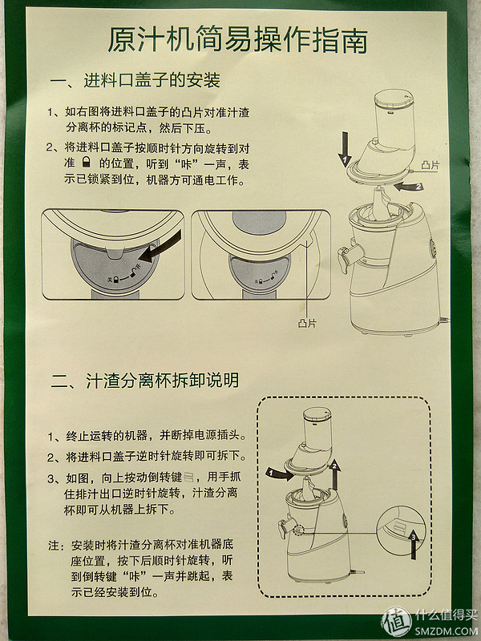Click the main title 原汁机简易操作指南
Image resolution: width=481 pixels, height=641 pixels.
[x=237, y=40]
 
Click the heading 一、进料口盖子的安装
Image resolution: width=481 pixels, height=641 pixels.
[x=135, y=80]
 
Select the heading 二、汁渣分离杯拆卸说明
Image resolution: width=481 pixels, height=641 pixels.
[x=145, y=380]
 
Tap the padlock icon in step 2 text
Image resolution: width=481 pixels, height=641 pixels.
[x=86, y=163]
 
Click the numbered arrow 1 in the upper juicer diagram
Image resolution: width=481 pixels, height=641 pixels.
[x=345, y=149]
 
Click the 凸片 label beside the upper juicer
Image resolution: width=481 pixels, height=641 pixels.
[x=430, y=165]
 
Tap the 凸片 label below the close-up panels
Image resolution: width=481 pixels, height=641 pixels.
[x=307, y=323]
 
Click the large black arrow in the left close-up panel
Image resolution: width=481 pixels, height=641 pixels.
[x=160, y=246]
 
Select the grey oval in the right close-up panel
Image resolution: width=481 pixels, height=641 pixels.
[x=259, y=223]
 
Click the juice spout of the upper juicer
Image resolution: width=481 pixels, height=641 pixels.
[x=348, y=256]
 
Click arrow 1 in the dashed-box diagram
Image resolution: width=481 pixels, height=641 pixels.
[x=280, y=474]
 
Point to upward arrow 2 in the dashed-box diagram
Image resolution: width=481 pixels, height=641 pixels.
[x=335, y=474]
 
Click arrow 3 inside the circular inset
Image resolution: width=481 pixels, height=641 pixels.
[x=414, y=544]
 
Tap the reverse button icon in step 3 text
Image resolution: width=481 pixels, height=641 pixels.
[x=188, y=477]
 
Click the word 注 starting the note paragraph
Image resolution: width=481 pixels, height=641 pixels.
[x=54, y=546]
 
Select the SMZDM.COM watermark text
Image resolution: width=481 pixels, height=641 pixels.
[x=446, y=631]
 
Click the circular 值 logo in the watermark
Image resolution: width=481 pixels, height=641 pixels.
[x=396, y=622]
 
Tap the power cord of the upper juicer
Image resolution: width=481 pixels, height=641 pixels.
[x=444, y=322]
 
